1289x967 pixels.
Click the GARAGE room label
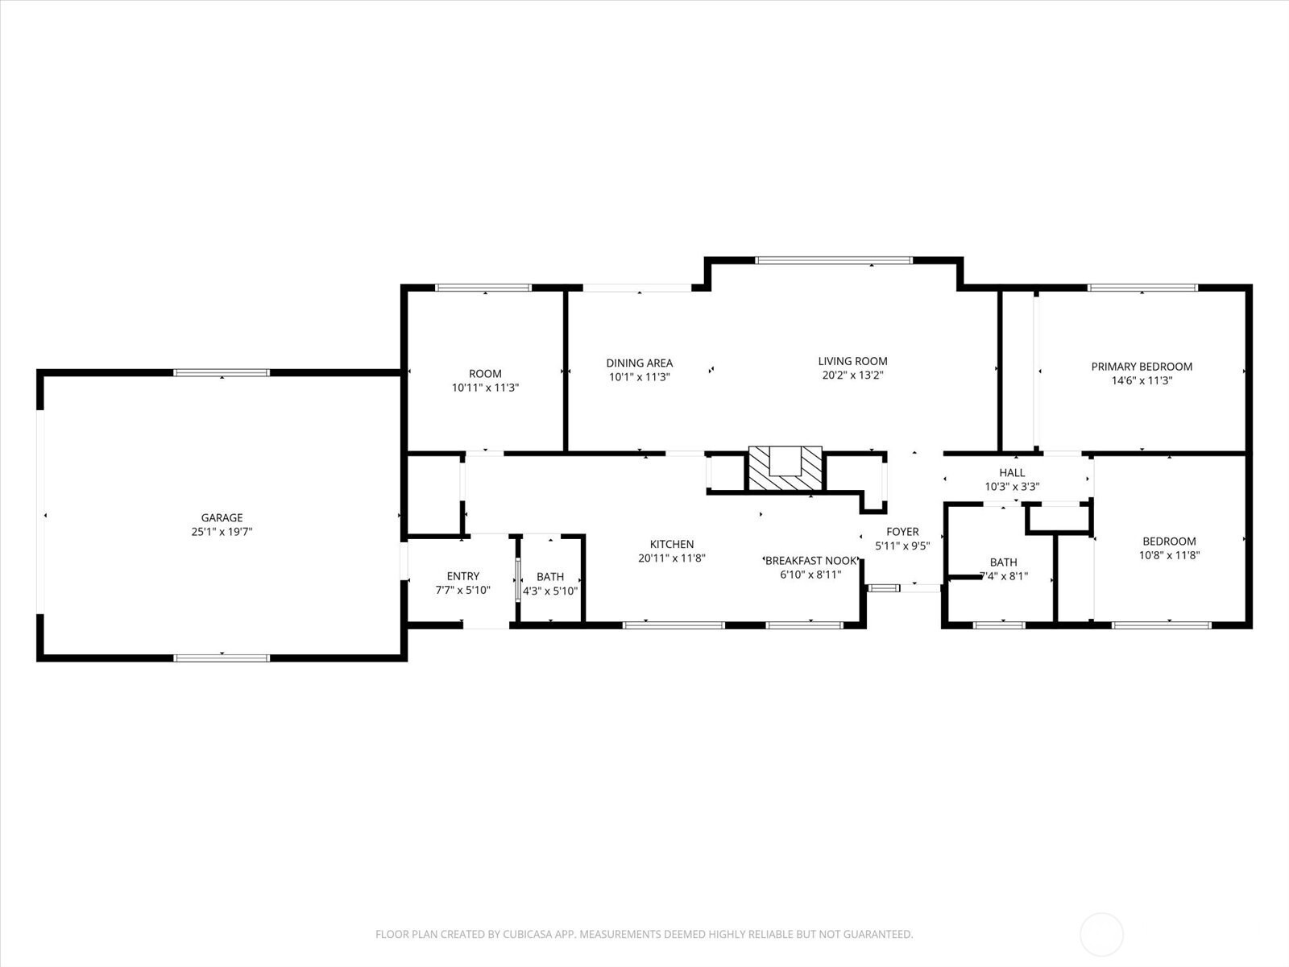(x=222, y=518)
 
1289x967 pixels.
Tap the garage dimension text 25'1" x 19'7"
(x=222, y=532)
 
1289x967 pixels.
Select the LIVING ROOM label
(x=852, y=361)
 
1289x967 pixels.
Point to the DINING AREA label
(x=640, y=363)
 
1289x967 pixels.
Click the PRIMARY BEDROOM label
(x=1142, y=367)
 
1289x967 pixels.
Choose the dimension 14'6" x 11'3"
(x=1142, y=380)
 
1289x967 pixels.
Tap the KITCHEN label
(x=672, y=544)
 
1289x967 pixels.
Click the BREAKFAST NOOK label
(x=811, y=561)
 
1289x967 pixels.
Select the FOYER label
(x=902, y=532)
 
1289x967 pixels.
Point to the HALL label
(x=1012, y=473)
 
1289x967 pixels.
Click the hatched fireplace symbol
(x=785, y=468)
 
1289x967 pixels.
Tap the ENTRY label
(x=462, y=576)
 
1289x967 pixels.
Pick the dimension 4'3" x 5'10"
(x=550, y=591)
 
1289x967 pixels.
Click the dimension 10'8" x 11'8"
(x=1169, y=555)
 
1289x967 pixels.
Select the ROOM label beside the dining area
(x=485, y=373)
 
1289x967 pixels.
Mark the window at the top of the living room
(x=833, y=260)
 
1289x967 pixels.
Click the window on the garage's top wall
(x=222, y=373)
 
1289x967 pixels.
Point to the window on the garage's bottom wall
(x=222, y=658)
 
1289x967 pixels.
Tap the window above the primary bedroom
(x=1142, y=288)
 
